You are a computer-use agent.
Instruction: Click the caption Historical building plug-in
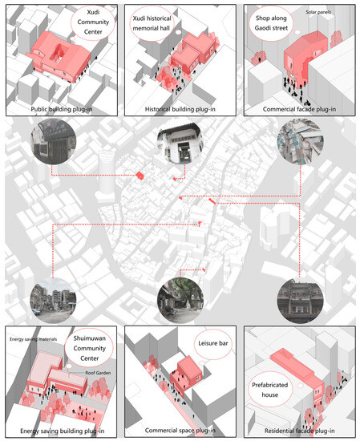coord(180,109)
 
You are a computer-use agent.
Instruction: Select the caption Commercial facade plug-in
coord(299,109)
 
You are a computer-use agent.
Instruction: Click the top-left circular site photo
coord(51,145)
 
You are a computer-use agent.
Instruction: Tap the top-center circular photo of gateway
coord(177,148)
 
